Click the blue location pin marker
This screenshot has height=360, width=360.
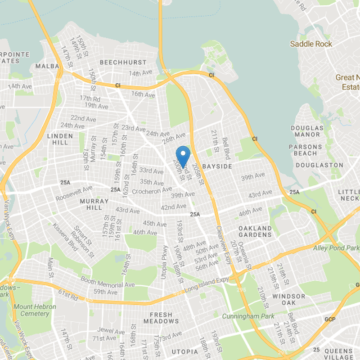(x=183, y=156)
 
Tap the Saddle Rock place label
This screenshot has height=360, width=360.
(x=311, y=44)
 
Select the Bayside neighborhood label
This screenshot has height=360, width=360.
(x=217, y=166)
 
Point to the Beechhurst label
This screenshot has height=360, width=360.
(x=123, y=62)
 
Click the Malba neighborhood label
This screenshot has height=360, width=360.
(x=47, y=67)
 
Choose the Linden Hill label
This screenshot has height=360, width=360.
(x=59, y=139)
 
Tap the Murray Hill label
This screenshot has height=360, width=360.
(x=94, y=204)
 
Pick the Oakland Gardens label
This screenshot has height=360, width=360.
(x=255, y=231)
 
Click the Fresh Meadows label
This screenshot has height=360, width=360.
(x=161, y=318)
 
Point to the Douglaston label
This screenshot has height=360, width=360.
(x=319, y=165)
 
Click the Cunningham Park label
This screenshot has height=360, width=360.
(x=248, y=316)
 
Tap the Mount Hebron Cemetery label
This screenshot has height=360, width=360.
(x=35, y=310)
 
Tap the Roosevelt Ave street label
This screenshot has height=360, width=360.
(x=74, y=193)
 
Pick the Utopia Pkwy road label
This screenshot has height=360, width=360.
(x=165, y=262)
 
